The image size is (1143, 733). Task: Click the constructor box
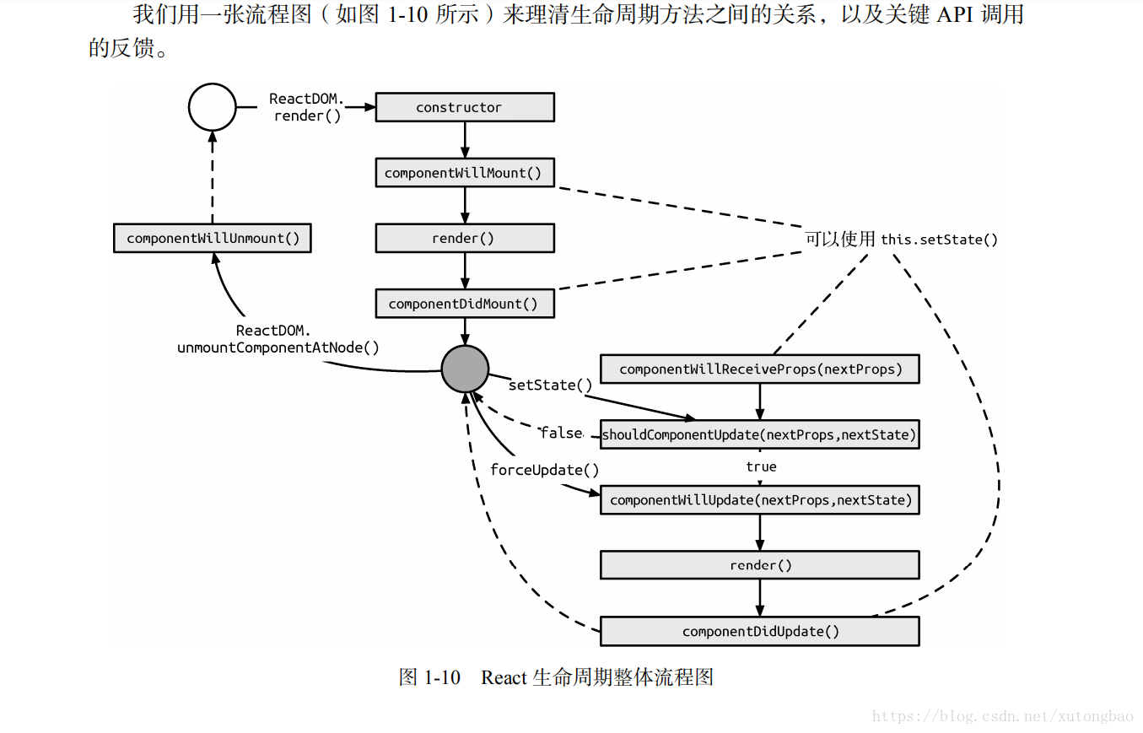[464, 107]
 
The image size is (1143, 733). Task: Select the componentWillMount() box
[464, 173]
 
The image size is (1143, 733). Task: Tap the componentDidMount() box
[464, 304]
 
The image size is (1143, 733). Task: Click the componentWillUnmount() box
[213, 238]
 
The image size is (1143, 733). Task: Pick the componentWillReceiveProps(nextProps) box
[759, 369]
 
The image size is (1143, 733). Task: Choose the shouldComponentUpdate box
[759, 434]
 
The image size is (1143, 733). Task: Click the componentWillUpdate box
[759, 500]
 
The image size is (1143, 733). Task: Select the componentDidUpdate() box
[759, 631]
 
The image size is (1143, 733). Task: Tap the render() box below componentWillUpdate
[759, 565]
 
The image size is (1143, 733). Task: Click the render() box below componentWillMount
[464, 238]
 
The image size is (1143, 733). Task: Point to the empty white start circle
[212, 107]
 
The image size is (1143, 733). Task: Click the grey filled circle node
[465, 369]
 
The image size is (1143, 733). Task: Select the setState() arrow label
[550, 385]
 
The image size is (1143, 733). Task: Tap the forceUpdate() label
[544, 470]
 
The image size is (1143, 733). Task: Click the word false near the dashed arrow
[561, 433]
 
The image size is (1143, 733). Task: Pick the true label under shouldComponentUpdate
[761, 466]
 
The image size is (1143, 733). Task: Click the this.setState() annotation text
[939, 240]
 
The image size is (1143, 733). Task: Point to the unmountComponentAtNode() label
[278, 348]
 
